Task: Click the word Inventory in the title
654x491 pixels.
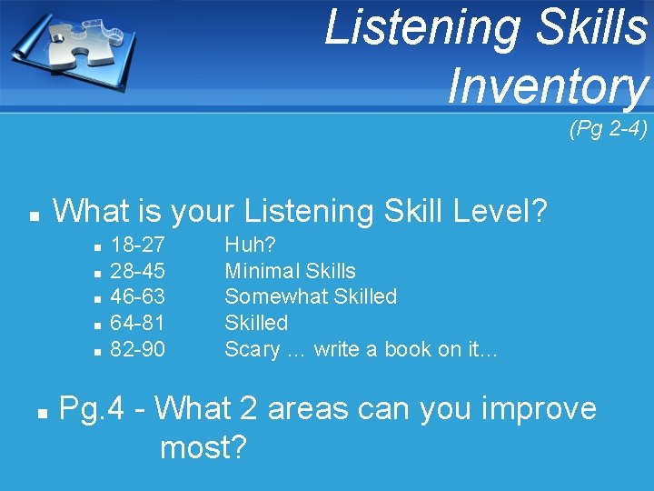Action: pos(548,86)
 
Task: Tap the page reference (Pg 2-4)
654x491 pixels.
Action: pos(608,130)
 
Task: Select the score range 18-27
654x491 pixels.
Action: pos(137,245)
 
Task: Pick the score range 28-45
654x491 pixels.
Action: pos(137,271)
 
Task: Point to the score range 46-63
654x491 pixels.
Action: pos(137,296)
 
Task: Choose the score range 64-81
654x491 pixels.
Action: pos(137,323)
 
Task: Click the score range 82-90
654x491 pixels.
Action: pos(137,349)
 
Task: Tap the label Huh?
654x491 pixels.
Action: pos(250,245)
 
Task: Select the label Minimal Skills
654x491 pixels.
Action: pos(290,271)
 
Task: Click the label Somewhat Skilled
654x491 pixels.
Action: pos(311,296)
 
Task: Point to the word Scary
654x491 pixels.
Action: pos(252,349)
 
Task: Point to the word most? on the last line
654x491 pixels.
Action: pos(203,447)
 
